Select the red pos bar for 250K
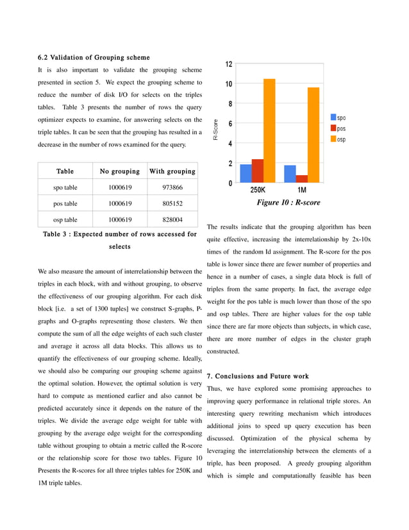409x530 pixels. (x=258, y=171)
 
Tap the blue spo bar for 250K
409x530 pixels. (x=246, y=174)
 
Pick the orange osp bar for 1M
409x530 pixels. (x=313, y=135)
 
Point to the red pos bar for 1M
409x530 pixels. (x=301, y=179)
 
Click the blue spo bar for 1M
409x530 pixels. (x=290, y=174)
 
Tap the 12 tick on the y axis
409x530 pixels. (x=229, y=64)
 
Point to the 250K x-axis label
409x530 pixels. (x=258, y=191)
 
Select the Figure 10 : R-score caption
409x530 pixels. (x=288, y=203)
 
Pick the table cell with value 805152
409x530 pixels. (x=172, y=203)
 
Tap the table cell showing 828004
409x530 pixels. (x=172, y=219)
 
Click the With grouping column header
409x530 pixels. (x=172, y=171)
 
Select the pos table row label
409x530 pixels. (x=65, y=203)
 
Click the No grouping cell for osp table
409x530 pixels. (x=120, y=219)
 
